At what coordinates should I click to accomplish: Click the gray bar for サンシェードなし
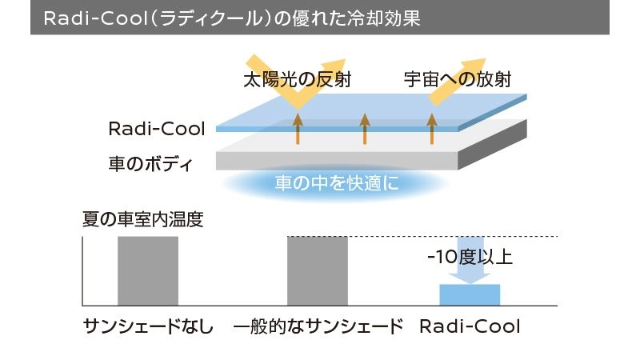[148, 270]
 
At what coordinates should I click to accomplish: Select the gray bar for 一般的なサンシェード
[318, 270]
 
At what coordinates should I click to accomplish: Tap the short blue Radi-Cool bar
[470, 294]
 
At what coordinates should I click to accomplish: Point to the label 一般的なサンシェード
[318, 326]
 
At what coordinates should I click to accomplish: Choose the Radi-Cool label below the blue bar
[470, 326]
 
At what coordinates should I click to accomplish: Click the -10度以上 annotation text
[470, 258]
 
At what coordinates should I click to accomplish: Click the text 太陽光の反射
[297, 80]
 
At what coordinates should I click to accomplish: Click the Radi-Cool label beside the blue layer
[157, 129]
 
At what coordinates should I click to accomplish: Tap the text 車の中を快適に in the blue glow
[336, 183]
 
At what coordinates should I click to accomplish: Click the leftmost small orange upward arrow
[298, 129]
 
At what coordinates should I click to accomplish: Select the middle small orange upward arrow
[365, 129]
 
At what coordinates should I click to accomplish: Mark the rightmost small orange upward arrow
[432, 129]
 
